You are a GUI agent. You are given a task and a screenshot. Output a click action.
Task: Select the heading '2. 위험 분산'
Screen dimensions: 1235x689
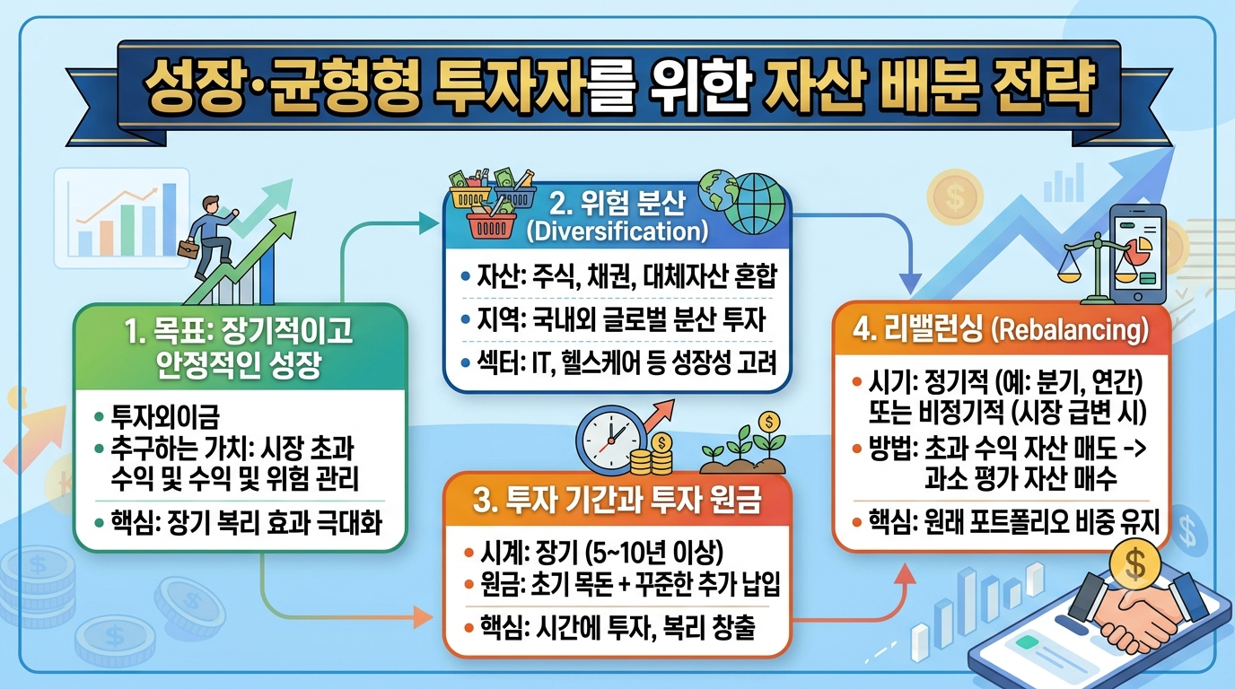617,204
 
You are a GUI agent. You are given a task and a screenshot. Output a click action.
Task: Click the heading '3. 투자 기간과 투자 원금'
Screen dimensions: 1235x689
617,501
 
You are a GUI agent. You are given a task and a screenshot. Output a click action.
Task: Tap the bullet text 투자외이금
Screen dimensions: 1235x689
165,416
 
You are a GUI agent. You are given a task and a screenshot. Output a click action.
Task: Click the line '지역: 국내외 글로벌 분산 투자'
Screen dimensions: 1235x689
621,319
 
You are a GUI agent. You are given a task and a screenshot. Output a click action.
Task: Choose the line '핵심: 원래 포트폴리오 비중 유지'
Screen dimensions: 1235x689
1013,522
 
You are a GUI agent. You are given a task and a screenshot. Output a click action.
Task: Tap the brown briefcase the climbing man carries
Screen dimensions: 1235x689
188,248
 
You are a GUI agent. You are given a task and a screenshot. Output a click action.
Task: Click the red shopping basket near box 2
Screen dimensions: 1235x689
491,225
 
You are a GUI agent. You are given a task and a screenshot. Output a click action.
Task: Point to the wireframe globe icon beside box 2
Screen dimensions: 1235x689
755,204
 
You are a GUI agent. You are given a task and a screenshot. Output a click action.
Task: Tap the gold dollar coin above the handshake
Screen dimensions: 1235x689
1135,564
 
